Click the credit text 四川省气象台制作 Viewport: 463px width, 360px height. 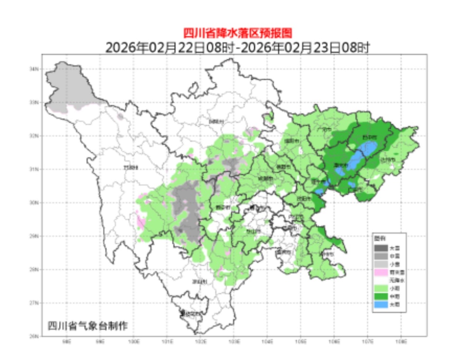[88, 326]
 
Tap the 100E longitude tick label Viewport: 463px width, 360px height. [134, 341]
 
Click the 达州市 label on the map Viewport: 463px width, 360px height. [390, 160]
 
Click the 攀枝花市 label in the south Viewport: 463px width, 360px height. [191, 313]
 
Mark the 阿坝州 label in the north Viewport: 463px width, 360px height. [217, 122]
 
